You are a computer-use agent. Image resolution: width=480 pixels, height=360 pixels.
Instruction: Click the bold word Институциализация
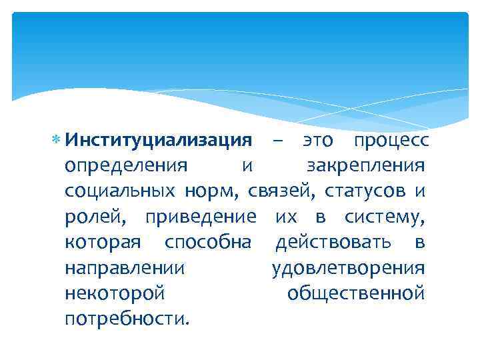[158, 141]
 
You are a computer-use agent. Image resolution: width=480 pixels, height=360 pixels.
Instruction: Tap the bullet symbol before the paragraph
[57, 141]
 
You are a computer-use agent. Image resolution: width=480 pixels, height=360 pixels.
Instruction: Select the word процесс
[392, 141]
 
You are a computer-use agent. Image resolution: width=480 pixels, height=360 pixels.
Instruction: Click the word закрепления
[365, 166]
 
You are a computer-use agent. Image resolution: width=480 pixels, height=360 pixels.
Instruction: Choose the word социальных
[121, 191]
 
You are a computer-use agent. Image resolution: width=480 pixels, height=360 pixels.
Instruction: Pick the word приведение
[200, 217]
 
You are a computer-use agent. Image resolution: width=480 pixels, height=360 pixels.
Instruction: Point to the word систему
[385, 217]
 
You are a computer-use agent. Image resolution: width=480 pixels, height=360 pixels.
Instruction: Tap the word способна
[208, 242]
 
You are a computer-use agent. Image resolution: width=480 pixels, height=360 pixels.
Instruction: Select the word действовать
[337, 242]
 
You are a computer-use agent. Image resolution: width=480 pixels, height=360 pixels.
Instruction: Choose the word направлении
[125, 267]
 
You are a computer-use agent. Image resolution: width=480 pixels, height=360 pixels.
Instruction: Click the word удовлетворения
[348, 267]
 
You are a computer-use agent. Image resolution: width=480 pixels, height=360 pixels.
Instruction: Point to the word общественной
[355, 293]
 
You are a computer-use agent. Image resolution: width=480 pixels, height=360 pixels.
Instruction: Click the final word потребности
[127, 318]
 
